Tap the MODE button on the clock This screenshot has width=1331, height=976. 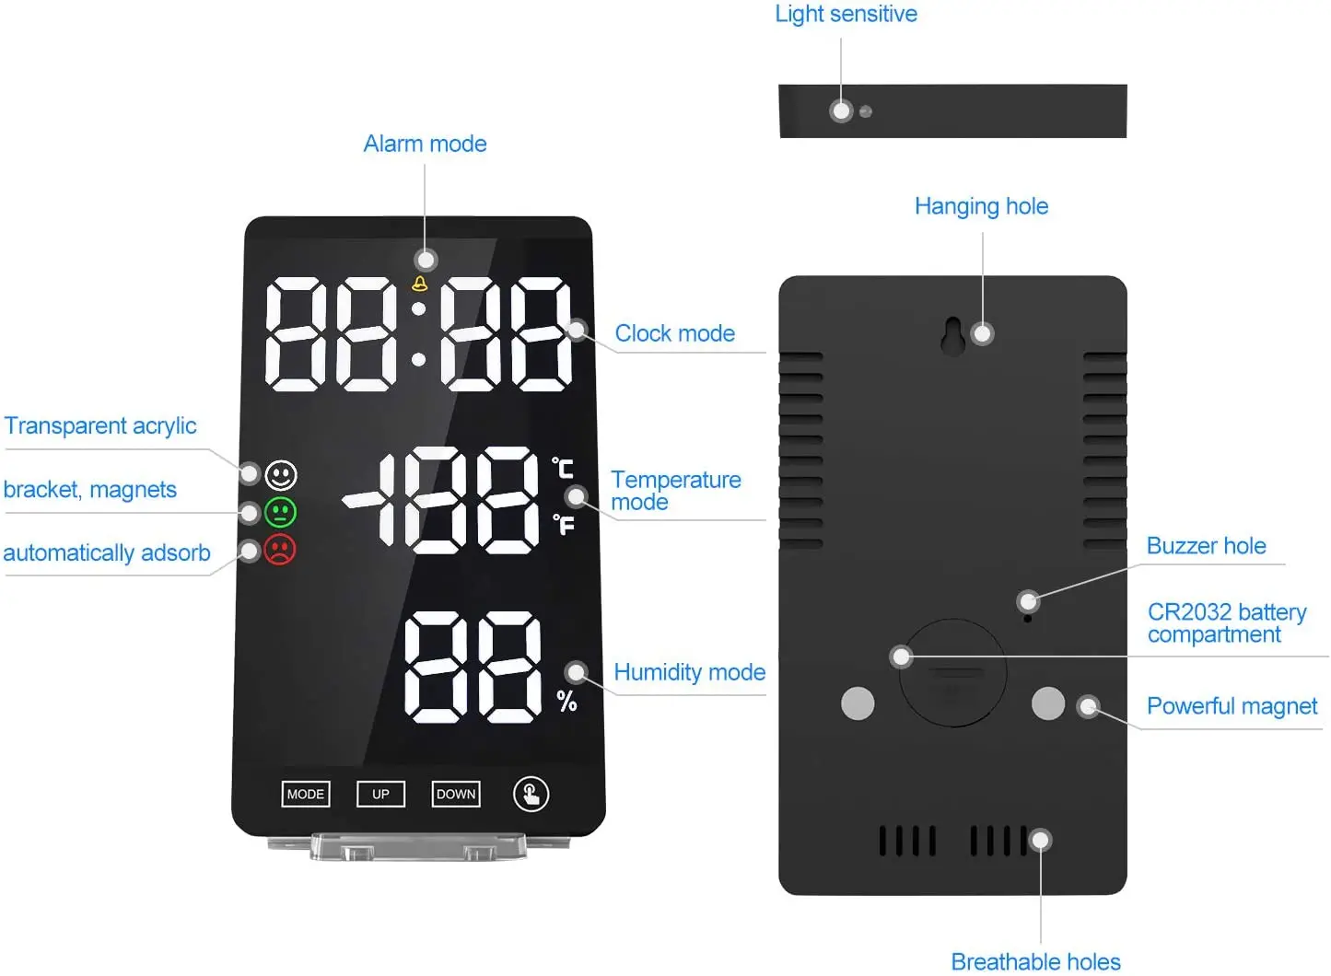pos(306,794)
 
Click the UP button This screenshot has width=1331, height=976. pos(381,794)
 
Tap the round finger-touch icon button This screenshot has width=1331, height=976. pos(531,794)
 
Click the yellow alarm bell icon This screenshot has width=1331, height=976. pos(419,284)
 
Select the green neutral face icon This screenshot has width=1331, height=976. pos(280,512)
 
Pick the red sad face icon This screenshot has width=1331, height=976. pos(280,550)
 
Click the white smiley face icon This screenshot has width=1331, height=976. pos(281,474)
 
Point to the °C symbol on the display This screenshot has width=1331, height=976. pos(562,468)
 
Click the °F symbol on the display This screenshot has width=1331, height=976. pos(564,524)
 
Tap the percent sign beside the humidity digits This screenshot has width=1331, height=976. pos(566,701)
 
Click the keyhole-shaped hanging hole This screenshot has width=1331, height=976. pos(953,336)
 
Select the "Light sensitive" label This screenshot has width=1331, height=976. pos(846,14)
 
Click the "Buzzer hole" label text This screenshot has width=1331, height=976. pos(1207,545)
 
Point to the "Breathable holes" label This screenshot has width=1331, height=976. pos(1035,961)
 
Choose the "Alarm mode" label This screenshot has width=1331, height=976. pos(425,144)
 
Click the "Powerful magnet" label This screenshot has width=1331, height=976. pos(1232,705)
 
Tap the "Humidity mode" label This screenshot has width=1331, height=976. pos(689,672)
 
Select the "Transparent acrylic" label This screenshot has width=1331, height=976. pos(99,426)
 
